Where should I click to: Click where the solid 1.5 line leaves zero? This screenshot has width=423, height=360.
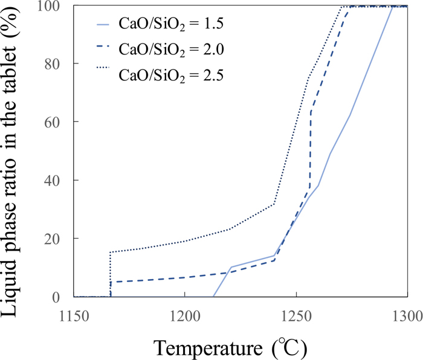[213, 296]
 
